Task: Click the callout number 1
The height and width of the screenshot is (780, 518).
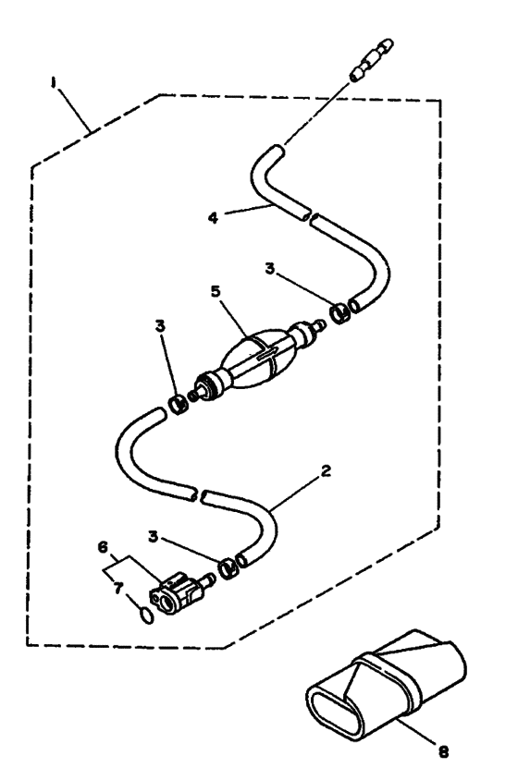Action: pyautogui.click(x=53, y=83)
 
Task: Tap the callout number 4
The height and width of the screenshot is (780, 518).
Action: pyautogui.click(x=213, y=218)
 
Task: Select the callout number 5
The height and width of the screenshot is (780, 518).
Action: pyautogui.click(x=216, y=291)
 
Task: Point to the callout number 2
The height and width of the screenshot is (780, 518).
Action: pyautogui.click(x=326, y=470)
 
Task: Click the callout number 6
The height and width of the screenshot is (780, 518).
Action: pyautogui.click(x=103, y=548)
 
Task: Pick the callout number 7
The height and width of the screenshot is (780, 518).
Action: pyautogui.click(x=117, y=589)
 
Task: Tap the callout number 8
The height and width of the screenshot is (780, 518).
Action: pyautogui.click(x=443, y=752)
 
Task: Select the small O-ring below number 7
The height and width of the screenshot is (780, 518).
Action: pyautogui.click(x=146, y=616)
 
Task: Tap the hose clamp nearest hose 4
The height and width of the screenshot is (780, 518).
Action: pyautogui.click(x=340, y=313)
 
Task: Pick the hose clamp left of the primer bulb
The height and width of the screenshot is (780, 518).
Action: pyautogui.click(x=178, y=404)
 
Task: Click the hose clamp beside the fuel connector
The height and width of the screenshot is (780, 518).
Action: pyautogui.click(x=228, y=567)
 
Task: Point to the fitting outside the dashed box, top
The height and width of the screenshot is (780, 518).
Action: pyautogui.click(x=372, y=61)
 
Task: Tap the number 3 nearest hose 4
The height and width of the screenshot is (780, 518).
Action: pyautogui.click(x=269, y=269)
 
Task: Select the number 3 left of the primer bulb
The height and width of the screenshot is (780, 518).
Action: pyautogui.click(x=160, y=327)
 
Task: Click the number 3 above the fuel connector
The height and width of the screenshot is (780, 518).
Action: pyautogui.click(x=153, y=537)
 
